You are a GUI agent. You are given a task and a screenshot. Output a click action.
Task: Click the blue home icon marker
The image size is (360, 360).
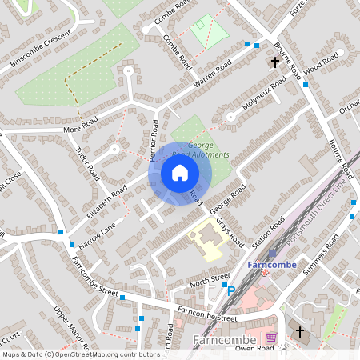(179, 173)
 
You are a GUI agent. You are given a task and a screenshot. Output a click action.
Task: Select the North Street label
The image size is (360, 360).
(210, 281)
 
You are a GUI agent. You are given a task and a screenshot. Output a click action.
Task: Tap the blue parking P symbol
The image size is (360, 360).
(231, 291)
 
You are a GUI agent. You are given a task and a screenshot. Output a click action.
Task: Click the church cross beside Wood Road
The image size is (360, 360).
(275, 62)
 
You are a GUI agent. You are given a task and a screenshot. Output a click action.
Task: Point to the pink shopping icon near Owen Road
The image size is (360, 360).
(271, 338)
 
